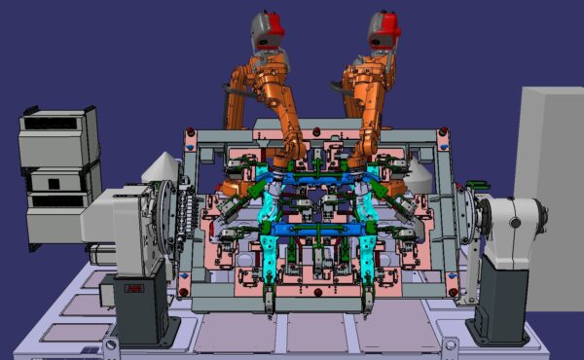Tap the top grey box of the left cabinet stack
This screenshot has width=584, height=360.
[58, 135]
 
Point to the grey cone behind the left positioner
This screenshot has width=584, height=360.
[162, 166]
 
